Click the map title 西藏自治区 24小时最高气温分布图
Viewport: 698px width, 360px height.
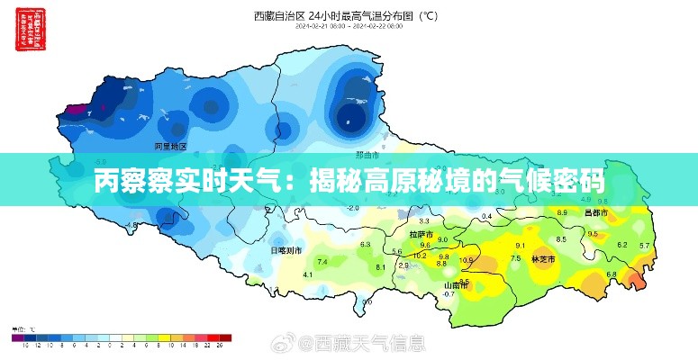pyautogui.click(x=347, y=14)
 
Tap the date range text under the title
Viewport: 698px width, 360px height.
pyautogui.click(x=346, y=27)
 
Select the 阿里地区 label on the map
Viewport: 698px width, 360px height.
pyautogui.click(x=169, y=145)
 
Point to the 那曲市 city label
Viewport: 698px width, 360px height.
pyautogui.click(x=367, y=155)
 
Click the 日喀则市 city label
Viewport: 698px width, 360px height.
pyautogui.click(x=286, y=250)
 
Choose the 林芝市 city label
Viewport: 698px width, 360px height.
pyautogui.click(x=544, y=259)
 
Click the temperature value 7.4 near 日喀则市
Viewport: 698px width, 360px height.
pyautogui.click(x=322, y=261)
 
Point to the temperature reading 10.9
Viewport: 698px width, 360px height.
pyautogui.click(x=466, y=261)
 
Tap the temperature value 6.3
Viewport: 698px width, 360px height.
pyautogui.click(x=366, y=245)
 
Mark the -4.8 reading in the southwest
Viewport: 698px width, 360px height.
pyautogui.click(x=132, y=225)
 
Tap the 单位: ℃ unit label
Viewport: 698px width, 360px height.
pyautogui.click(x=23, y=328)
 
